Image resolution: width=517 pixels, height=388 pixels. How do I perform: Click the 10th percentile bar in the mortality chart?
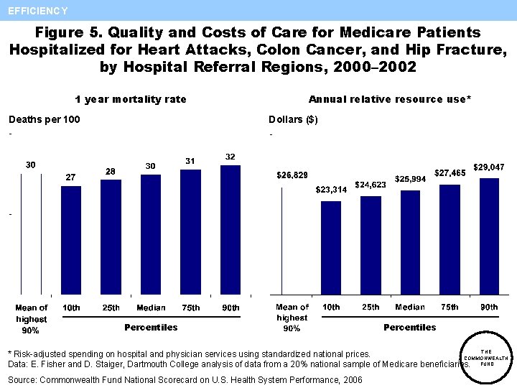pyautogui.click(x=72, y=241)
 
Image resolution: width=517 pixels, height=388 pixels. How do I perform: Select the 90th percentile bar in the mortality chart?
pyautogui.click(x=230, y=230)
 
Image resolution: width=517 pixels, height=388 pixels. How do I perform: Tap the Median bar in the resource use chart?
pyautogui.click(x=410, y=242)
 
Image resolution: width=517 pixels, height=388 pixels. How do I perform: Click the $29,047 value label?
pyautogui.click(x=488, y=167)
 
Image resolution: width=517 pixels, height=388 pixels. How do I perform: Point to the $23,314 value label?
pyautogui.click(x=331, y=190)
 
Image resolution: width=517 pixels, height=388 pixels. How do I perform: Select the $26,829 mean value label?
pyautogui.click(x=292, y=175)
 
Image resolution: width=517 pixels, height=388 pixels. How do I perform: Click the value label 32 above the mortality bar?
pyautogui.click(x=230, y=157)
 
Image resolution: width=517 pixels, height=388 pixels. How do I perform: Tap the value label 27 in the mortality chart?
pyautogui.click(x=71, y=177)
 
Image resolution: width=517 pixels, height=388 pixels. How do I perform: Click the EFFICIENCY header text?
pyautogui.click(x=38, y=11)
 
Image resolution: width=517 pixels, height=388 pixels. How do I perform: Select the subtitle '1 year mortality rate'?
pyautogui.click(x=131, y=99)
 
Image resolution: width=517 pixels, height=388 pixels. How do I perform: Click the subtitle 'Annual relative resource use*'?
pyautogui.click(x=390, y=99)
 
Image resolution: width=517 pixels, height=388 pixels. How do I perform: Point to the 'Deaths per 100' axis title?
pyautogui.click(x=44, y=119)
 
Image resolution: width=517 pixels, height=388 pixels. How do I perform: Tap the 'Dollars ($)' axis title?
pyautogui.click(x=293, y=119)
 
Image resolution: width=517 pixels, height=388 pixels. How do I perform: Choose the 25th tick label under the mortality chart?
pyautogui.click(x=111, y=308)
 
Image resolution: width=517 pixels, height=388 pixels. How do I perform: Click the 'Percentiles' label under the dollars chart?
pyautogui.click(x=409, y=327)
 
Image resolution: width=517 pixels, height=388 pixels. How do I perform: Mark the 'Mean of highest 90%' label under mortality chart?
pyautogui.click(x=32, y=319)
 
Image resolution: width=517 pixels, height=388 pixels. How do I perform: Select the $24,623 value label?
pyautogui.click(x=371, y=185)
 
